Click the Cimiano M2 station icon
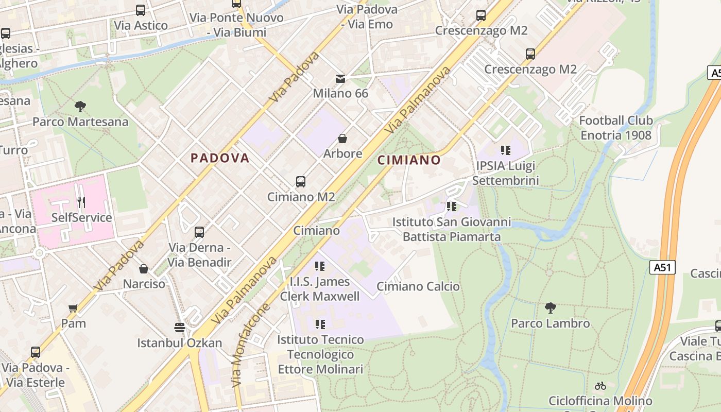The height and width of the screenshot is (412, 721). click(x=301, y=181)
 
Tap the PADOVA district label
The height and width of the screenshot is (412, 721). click(x=220, y=158)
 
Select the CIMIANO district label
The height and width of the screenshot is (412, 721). click(x=409, y=160)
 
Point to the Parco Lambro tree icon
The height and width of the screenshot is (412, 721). click(x=550, y=308)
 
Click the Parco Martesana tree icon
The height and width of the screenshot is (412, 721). click(x=80, y=107)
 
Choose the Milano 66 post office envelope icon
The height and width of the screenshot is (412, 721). click(x=340, y=78)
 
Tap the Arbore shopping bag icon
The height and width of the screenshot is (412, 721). click(x=342, y=139)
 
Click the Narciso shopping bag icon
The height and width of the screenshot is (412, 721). click(x=144, y=269)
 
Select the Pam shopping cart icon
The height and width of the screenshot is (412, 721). click(x=73, y=308)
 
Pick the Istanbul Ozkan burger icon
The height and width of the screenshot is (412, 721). click(x=179, y=328)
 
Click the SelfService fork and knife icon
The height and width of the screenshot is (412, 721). click(x=81, y=202)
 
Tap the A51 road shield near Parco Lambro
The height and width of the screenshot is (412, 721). click(x=662, y=267)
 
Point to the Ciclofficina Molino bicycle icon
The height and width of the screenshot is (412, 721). click(x=600, y=385)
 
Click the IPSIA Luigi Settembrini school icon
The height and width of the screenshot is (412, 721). click(x=506, y=150)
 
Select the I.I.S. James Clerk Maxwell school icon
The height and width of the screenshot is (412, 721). click(x=320, y=266)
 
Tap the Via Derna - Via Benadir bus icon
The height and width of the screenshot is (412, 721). click(x=199, y=232)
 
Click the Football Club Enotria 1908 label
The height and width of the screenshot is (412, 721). click(x=616, y=128)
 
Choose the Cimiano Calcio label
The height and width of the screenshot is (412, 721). click(x=418, y=286)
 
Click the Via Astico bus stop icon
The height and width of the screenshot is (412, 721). click(x=141, y=10)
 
